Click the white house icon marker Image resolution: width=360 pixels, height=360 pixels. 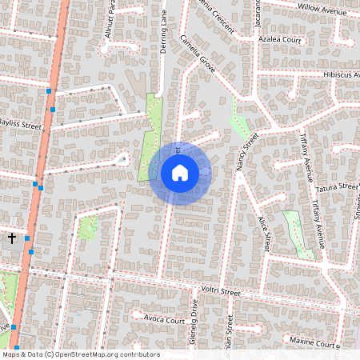[180, 173]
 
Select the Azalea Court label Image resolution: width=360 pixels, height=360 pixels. [280, 39]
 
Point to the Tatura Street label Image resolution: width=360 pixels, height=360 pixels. [335, 187]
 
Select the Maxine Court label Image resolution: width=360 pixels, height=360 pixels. [313, 342]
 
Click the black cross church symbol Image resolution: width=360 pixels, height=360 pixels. [12, 238]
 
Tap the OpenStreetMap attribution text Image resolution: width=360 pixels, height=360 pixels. [80, 354]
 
